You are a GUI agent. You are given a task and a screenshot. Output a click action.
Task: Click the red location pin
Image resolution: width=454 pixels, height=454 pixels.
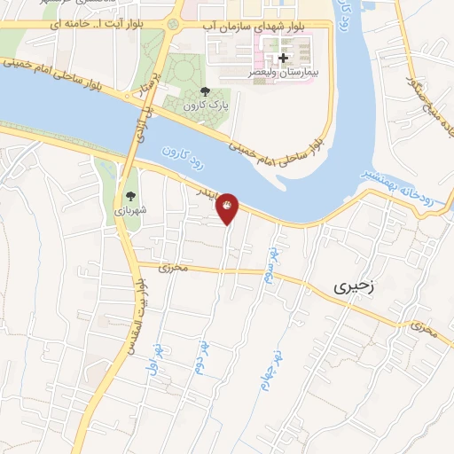point(228,207)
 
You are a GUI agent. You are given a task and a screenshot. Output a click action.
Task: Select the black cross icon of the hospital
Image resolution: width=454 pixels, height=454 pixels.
point(283,59)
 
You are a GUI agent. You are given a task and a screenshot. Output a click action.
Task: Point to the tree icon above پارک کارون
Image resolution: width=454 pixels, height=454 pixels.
point(206,90)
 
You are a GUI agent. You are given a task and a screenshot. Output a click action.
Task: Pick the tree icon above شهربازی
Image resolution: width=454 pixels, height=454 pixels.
point(131,196)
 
